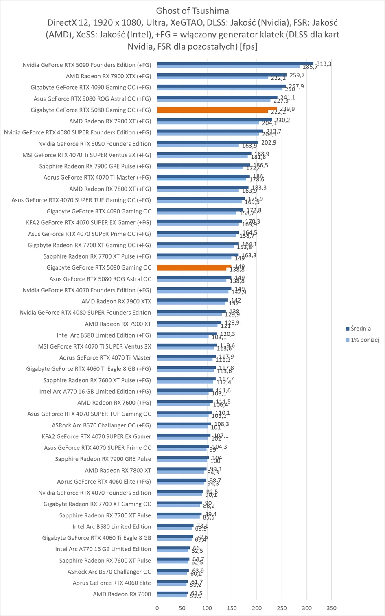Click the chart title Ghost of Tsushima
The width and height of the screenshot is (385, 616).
tap(192, 11)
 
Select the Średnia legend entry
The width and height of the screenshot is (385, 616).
tap(360, 329)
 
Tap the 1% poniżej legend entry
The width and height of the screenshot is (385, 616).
tap(365, 340)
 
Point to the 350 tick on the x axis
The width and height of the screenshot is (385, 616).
tap(332, 608)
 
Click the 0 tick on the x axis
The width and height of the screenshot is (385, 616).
tap(157, 608)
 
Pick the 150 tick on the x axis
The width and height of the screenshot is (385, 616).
tap(232, 608)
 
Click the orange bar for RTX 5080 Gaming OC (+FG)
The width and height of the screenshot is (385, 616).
tap(217, 109)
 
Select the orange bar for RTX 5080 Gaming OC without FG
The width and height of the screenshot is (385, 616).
tap(194, 266)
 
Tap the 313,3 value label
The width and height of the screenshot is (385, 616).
tap(324, 64)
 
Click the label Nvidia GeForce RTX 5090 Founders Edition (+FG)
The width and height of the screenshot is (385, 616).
tap(87, 65)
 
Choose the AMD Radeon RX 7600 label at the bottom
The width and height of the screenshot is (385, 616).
tap(122, 594)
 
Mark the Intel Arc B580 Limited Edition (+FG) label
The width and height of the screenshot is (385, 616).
tap(104, 335)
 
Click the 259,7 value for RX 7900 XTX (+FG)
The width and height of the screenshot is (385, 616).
tap(297, 75)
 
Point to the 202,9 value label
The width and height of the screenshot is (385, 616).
tap(269, 142)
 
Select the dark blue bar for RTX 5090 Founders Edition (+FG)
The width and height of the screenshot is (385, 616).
tap(235, 63)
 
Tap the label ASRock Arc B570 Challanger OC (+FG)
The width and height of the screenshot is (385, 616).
tap(101, 425)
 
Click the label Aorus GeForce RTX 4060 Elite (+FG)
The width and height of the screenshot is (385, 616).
tap(104, 481)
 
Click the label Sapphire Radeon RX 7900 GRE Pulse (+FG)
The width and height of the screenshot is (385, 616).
tap(95, 166)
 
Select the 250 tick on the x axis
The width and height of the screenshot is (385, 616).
tap(282, 608)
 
